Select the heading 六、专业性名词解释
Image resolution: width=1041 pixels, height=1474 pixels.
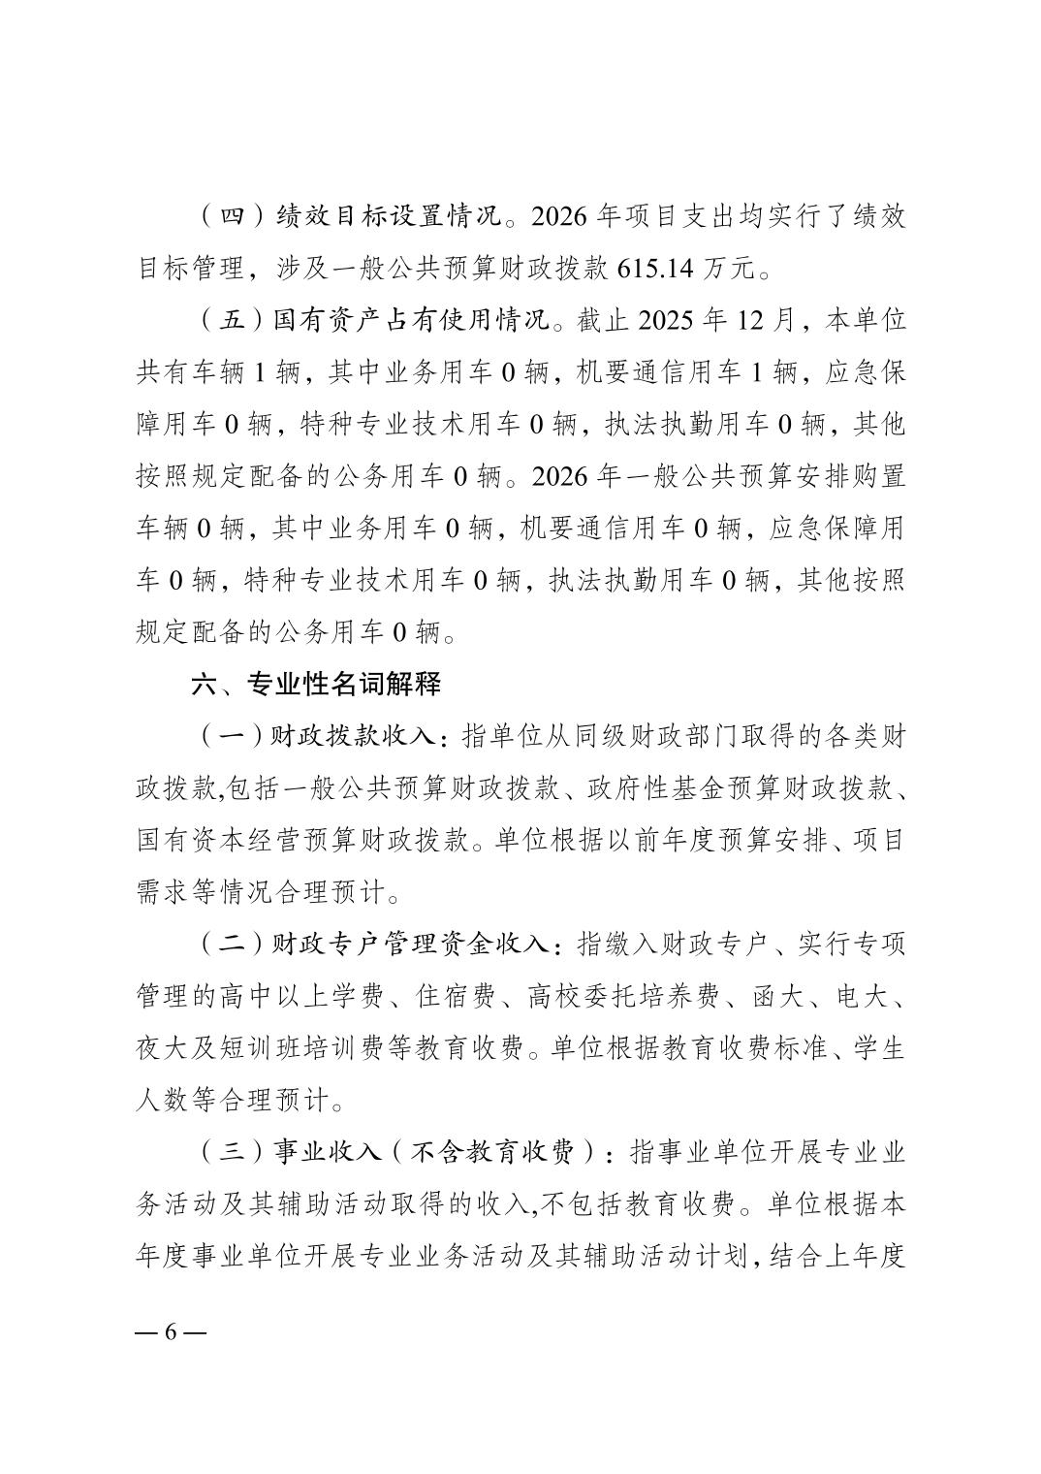click(317, 685)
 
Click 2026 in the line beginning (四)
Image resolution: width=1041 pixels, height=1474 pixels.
click(560, 215)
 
